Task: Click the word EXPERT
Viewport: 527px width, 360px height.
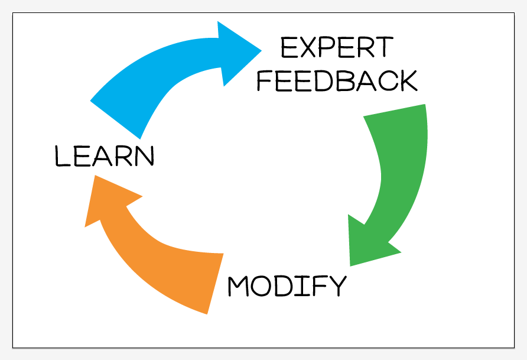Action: [336, 48]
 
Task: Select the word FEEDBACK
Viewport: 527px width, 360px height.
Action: [337, 80]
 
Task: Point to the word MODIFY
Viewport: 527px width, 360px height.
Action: [287, 286]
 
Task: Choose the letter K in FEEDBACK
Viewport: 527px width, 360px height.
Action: [407, 80]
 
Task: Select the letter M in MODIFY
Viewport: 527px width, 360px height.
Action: [239, 286]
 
